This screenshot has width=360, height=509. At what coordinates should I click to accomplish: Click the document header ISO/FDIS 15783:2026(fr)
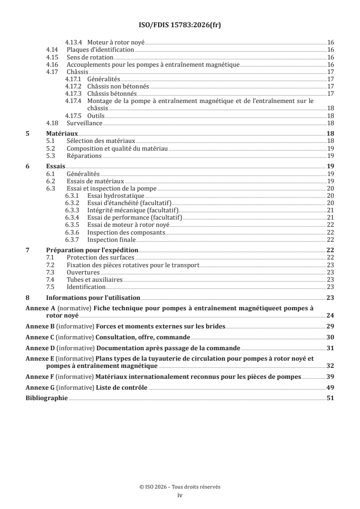[x=180, y=25]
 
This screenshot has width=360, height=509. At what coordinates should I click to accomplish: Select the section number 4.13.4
[x=73, y=42]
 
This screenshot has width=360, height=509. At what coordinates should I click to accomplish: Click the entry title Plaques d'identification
[x=100, y=49]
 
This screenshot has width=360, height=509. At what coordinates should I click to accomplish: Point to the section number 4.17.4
[x=73, y=101]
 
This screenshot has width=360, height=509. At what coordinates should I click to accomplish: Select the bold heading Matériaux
[x=62, y=134]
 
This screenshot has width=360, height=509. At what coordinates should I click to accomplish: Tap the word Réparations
[x=84, y=156]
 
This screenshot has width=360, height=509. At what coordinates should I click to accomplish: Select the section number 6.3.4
[x=73, y=218]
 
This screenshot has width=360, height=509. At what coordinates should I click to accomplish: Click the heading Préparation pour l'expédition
[x=92, y=250]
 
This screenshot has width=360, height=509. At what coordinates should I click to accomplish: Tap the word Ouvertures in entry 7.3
[x=83, y=273]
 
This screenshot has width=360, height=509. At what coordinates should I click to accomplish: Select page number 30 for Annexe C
[x=330, y=338]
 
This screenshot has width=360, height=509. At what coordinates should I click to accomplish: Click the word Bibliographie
[x=46, y=398]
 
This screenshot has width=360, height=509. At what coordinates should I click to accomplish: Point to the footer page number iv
[x=180, y=496]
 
